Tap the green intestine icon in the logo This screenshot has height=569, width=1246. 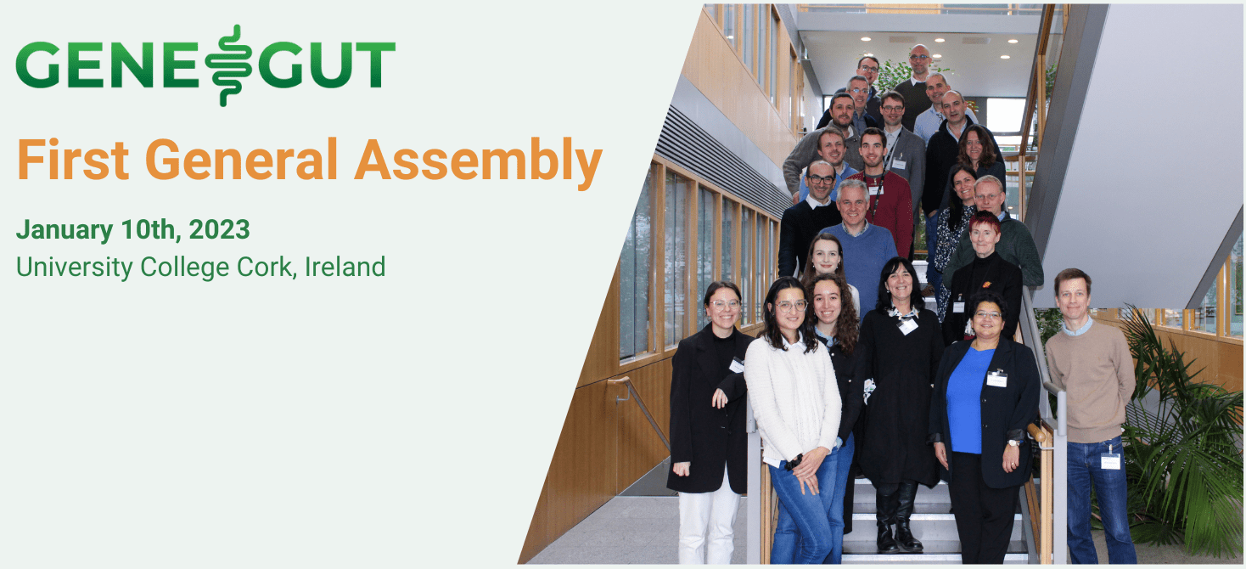click(226, 65)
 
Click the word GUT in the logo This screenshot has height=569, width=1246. click(327, 65)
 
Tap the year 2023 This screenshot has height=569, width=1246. click(220, 229)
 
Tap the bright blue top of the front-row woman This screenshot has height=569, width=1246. click(970, 399)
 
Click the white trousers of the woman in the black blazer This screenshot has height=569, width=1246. click(710, 527)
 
